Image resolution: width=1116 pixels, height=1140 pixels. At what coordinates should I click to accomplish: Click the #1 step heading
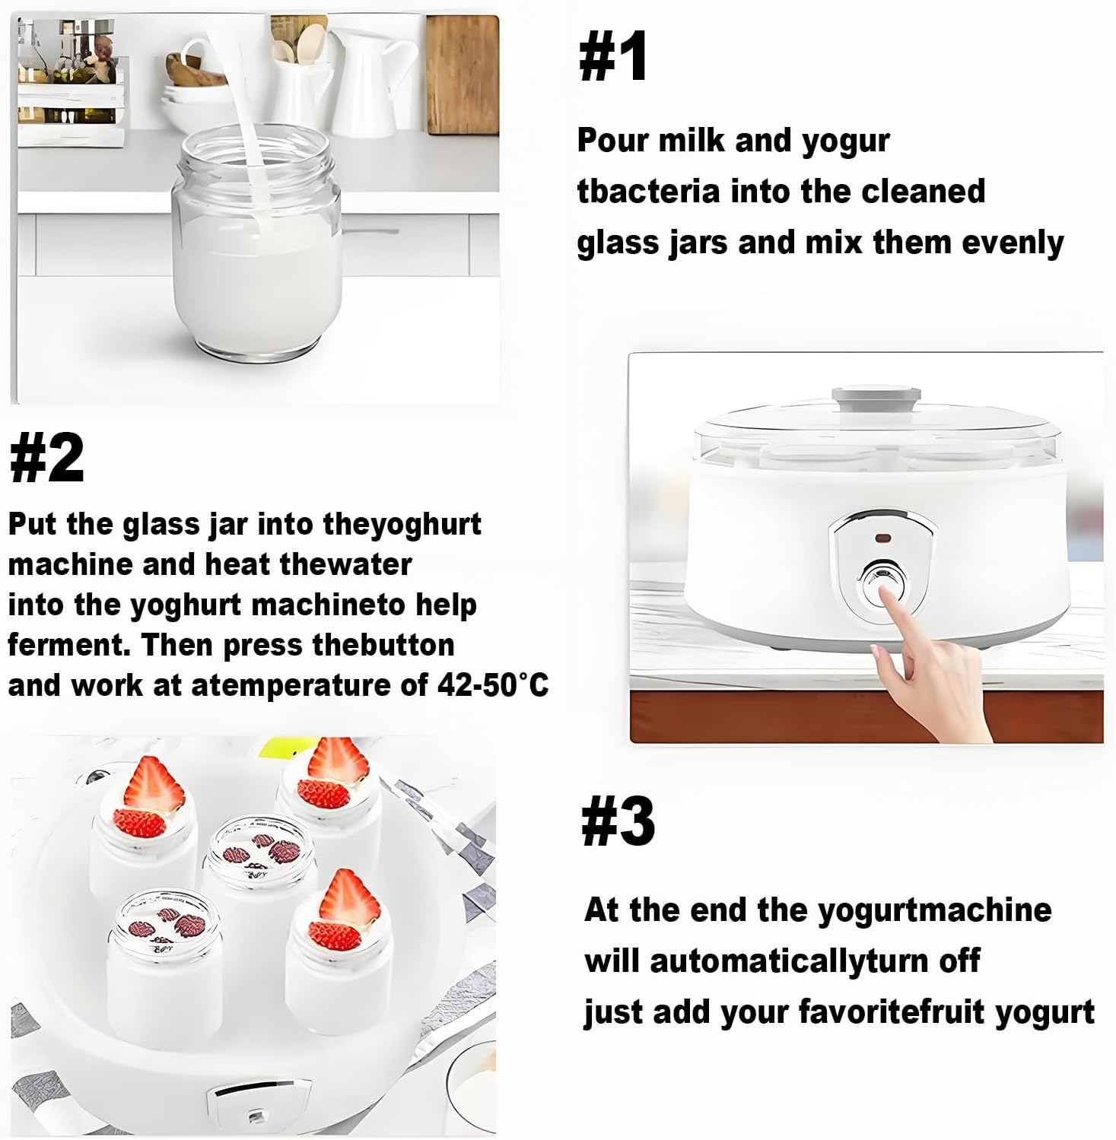pyautogui.click(x=613, y=57)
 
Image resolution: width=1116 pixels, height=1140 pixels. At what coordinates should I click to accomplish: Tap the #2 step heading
pyautogui.click(x=46, y=458)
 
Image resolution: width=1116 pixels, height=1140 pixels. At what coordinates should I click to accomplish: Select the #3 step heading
pyautogui.click(x=617, y=822)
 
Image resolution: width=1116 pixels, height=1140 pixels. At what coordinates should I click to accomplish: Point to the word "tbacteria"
pyautogui.click(x=648, y=192)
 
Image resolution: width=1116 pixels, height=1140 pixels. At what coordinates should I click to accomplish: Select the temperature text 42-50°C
pyautogui.click(x=492, y=685)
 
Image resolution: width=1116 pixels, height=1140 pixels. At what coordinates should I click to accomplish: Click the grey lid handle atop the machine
pyautogui.click(x=876, y=397)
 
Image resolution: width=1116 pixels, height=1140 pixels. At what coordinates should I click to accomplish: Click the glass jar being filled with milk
pyautogui.click(x=256, y=243)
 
